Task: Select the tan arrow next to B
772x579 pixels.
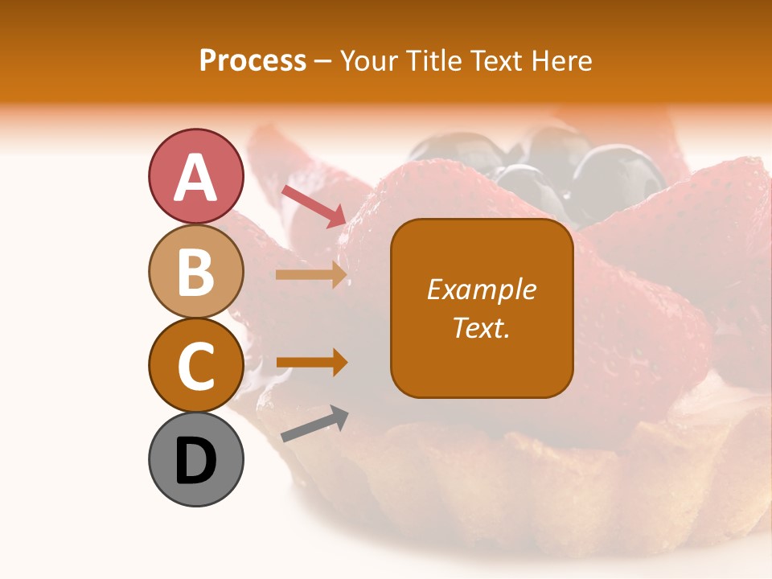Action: point(310,275)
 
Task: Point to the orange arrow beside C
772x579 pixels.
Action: point(310,363)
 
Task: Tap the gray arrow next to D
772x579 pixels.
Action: point(314,424)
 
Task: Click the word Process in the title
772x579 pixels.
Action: point(253,60)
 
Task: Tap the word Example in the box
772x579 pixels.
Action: point(481,289)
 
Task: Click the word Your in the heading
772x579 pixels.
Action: point(366,60)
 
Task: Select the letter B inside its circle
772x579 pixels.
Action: point(195,272)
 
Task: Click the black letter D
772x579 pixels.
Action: point(195,461)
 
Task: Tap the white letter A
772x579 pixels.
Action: point(195,177)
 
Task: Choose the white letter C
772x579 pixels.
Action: point(195,366)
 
